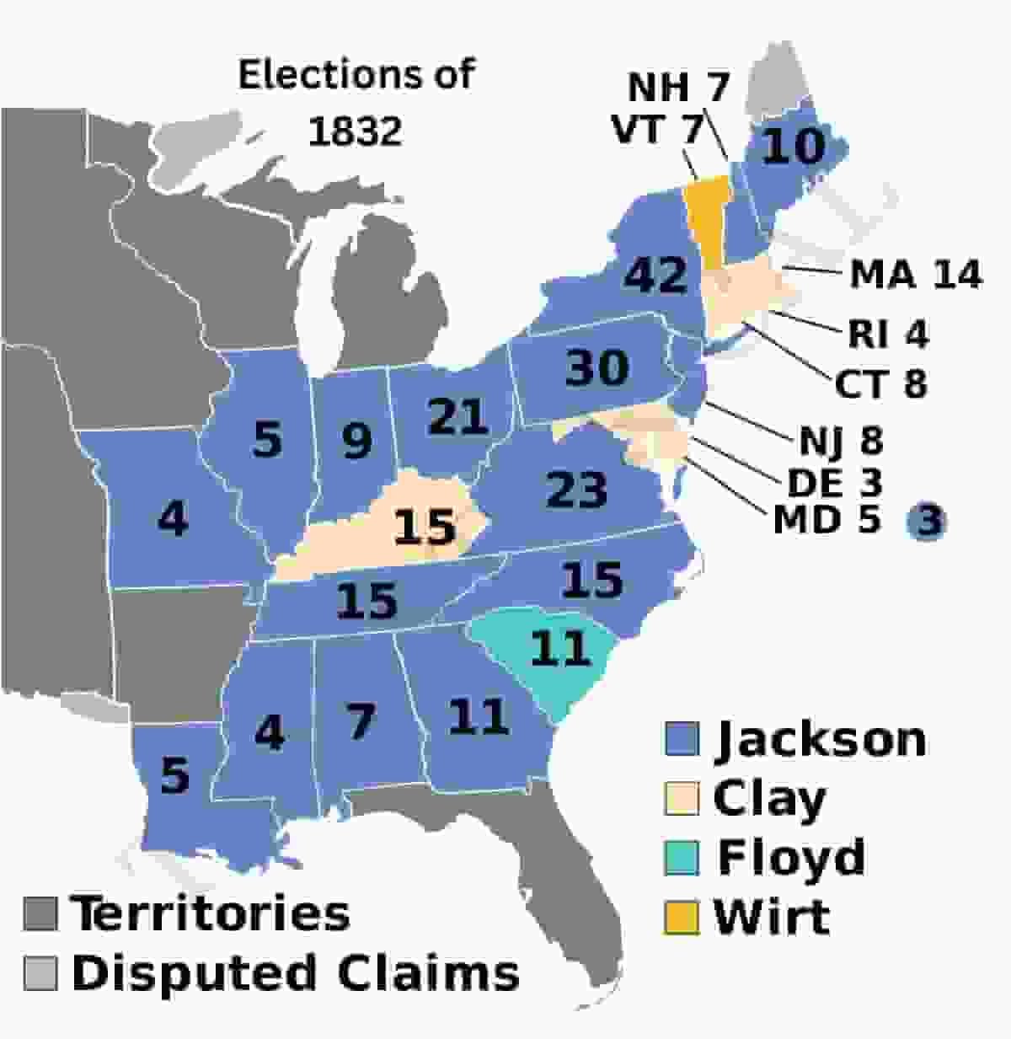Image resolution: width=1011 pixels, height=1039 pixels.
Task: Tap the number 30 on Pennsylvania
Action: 596,367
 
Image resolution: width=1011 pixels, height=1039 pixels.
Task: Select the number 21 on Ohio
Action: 457,415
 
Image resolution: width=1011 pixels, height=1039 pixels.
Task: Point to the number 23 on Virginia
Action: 576,490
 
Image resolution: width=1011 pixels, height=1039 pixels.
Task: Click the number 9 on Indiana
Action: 356,439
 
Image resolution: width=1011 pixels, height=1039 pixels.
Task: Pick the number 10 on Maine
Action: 794,147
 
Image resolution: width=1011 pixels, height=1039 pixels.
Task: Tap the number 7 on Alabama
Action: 360,722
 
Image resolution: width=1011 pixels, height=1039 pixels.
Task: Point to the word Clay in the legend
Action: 769,798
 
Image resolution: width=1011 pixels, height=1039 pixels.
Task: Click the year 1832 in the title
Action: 355,131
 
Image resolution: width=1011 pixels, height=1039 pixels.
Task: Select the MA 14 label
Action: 915,275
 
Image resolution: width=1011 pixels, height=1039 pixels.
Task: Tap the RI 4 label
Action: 887,335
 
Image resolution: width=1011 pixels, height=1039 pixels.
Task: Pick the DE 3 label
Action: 833,483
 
